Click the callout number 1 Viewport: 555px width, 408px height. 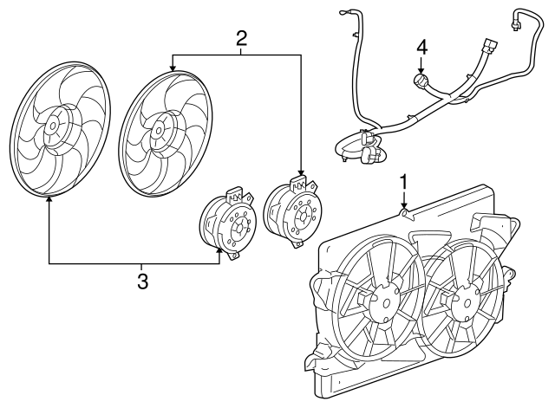click(403, 182)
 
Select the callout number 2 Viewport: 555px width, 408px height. click(241, 37)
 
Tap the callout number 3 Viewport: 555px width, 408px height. click(143, 280)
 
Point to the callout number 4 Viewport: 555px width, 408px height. click(421, 46)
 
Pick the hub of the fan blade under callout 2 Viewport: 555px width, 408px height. click(158, 131)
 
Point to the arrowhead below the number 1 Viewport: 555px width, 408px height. click(403, 205)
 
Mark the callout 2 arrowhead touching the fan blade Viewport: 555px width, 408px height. click(173, 67)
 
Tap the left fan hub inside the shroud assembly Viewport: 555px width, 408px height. click(380, 306)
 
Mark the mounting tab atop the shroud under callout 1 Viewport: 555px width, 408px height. click(404, 212)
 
